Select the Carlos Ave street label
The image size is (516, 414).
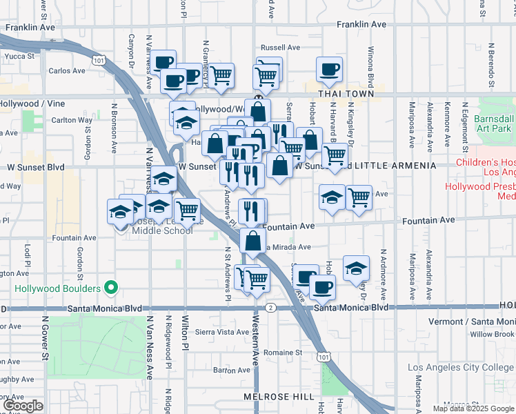(67, 70)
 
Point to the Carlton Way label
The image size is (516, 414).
(72, 120)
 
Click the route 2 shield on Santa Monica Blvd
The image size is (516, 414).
(272, 308)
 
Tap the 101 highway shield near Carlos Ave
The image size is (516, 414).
(101, 61)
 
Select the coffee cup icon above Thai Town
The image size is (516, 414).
(329, 69)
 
